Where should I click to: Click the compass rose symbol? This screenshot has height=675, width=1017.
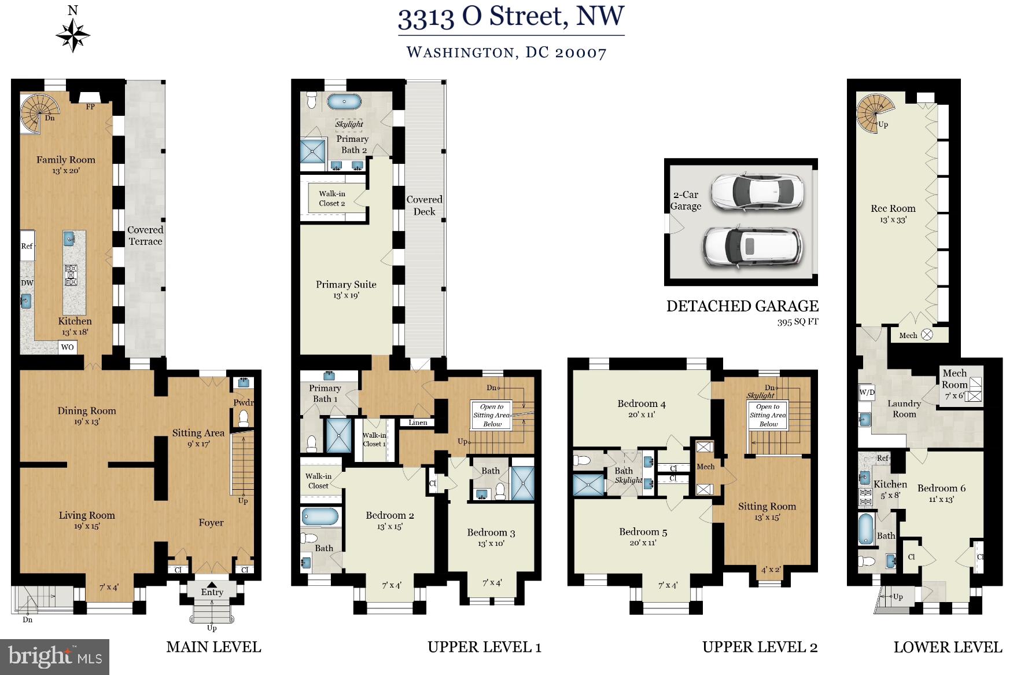point(73,34)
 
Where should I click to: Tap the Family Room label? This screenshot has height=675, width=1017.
point(65,160)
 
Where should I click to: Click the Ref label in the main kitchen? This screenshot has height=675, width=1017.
point(27,246)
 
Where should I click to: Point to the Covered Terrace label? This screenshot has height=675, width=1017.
point(145,236)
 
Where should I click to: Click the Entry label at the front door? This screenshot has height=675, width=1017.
point(212,592)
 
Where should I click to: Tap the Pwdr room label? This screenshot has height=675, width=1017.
point(244,403)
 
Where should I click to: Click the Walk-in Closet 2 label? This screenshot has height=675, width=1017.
point(332,199)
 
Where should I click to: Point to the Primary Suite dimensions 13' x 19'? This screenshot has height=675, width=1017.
point(346,296)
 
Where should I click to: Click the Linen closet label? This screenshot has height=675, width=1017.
point(418,423)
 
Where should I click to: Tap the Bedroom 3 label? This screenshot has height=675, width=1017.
point(491,533)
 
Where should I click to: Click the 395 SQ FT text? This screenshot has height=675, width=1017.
point(798,322)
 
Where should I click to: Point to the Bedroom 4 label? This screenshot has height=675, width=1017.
point(642,403)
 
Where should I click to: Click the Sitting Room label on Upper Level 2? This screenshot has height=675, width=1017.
point(767,507)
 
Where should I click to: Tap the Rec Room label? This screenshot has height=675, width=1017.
point(893,208)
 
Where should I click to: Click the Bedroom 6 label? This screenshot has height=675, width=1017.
point(941,488)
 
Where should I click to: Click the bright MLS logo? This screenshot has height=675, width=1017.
point(55,656)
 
